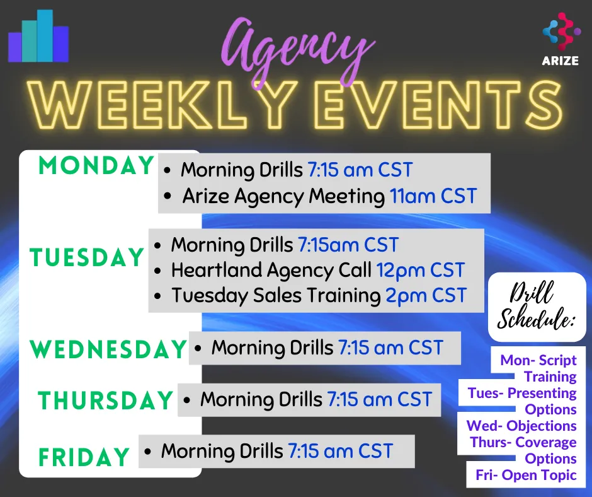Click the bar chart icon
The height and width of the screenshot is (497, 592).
[38, 36]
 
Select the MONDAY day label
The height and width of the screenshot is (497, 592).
[96, 166]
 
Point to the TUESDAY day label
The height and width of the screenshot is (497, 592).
[86, 257]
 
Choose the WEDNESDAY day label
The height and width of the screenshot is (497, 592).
[108, 349]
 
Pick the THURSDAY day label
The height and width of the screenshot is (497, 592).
[105, 400]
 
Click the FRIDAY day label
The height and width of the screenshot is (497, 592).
[84, 457]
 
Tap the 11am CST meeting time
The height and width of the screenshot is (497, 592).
[433, 196]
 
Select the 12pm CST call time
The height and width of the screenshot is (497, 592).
[420, 270]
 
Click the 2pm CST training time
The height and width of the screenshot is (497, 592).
[426, 295]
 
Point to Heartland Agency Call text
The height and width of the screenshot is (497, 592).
[271, 270]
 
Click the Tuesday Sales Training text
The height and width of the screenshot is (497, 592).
[276, 295]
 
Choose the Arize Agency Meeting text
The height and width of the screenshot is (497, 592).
[283, 197]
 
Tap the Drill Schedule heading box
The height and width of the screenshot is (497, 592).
[537, 307]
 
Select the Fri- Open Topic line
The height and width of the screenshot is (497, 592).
[526, 475]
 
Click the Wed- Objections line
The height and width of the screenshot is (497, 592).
[521, 426]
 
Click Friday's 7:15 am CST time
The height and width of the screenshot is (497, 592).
[341, 451]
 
